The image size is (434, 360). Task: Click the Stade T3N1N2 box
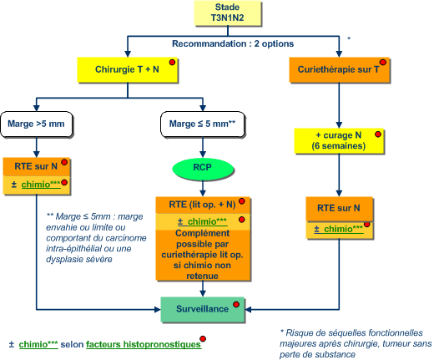pyautogui.click(x=228, y=13)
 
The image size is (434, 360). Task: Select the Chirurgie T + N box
pyautogui.click(x=128, y=69)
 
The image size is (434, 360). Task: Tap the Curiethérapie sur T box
pyautogui.click(x=339, y=70)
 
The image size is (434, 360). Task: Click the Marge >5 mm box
pyautogui.click(x=37, y=124)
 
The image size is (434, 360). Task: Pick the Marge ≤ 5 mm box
pyautogui.click(x=203, y=124)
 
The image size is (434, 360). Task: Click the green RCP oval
pyautogui.click(x=203, y=168)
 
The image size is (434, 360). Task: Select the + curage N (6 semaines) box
pyautogui.click(x=339, y=141)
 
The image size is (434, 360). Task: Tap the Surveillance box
pyautogui.click(x=203, y=309)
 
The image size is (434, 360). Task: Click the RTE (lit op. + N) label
pyautogui.click(x=202, y=205)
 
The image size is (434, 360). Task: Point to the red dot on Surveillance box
pyautogui.click(x=236, y=304)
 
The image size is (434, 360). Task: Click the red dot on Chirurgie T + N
pyautogui.click(x=172, y=62)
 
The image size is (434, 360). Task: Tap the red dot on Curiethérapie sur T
pyautogui.click(x=383, y=62)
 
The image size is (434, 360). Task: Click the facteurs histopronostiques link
pyautogui.click(x=144, y=345)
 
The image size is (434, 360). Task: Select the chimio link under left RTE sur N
pyautogui.click(x=41, y=185)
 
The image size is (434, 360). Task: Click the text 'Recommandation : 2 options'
pyautogui.click(x=233, y=43)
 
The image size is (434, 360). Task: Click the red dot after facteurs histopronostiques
pyautogui.click(x=203, y=338)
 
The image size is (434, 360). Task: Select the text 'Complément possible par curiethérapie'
pyautogui.click(x=203, y=244)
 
